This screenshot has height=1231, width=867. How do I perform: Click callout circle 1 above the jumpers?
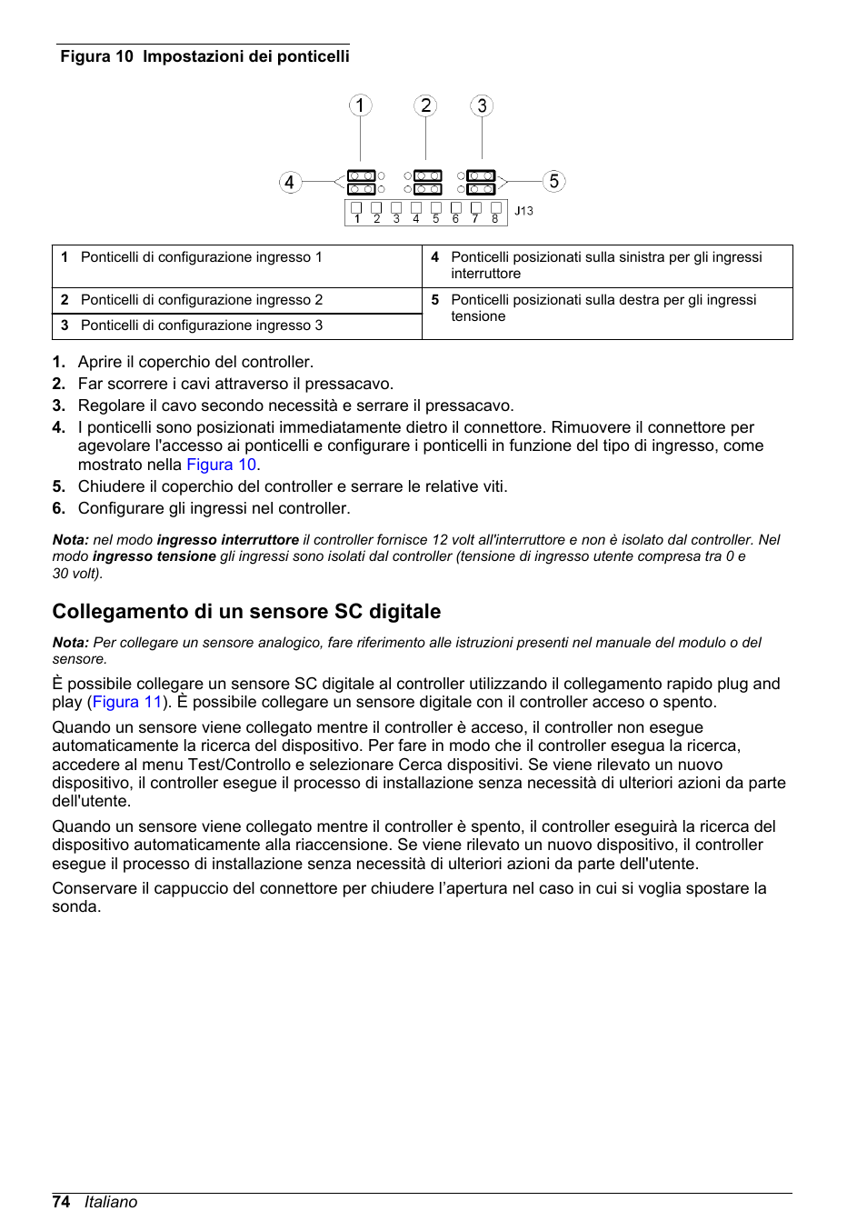point(360,106)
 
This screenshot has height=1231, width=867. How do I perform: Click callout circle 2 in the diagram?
point(425,106)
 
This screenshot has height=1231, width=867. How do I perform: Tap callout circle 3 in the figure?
point(482,106)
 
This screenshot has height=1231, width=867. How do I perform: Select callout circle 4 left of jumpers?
point(289,183)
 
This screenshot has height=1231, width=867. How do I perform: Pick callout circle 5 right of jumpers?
point(553,182)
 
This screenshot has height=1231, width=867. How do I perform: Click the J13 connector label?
point(523,211)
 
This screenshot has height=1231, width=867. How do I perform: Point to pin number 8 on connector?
point(495,219)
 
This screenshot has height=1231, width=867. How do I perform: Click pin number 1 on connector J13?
point(357,219)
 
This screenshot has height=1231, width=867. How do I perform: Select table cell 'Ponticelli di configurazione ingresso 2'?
point(201,300)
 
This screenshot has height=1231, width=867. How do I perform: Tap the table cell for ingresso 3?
point(201,325)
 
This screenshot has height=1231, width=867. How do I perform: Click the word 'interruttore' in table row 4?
point(485,274)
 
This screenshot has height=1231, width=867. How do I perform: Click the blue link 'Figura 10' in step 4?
point(221,465)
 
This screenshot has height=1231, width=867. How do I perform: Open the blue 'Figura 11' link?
point(127,702)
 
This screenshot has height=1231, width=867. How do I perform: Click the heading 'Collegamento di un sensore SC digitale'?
point(246,611)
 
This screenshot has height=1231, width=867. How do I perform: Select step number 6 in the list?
point(59,508)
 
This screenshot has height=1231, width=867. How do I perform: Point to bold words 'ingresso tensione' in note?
point(154,556)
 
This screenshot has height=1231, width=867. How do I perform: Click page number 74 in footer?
point(61,1202)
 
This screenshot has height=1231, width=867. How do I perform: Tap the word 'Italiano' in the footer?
point(111,1202)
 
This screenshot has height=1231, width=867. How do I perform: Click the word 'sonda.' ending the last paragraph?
point(76,906)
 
